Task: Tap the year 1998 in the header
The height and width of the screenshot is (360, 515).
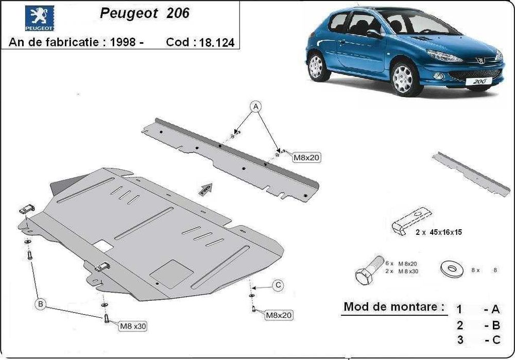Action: pos(123,43)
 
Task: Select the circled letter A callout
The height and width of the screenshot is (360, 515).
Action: pos(256,107)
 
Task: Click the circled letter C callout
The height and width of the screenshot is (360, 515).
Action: pos(278,284)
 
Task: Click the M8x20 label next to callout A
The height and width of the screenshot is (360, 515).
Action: pos(306,158)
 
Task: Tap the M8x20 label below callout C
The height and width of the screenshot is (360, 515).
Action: pos(280,314)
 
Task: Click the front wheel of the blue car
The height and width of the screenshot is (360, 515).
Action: pos(403,78)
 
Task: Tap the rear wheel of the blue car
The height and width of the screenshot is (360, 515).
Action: pos(316,67)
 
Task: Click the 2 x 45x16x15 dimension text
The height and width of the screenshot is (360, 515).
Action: pos(438,232)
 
